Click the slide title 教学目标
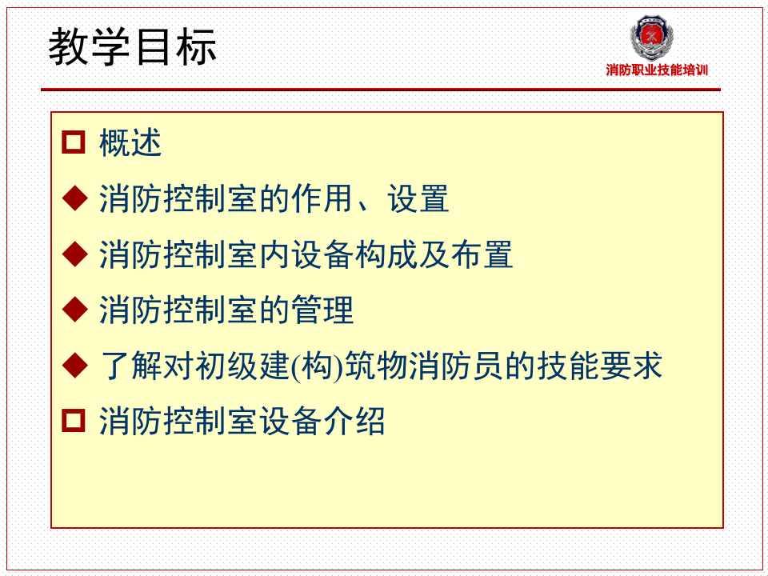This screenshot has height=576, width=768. pyautogui.click(x=133, y=48)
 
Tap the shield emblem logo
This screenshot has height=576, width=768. pyautogui.click(x=651, y=38)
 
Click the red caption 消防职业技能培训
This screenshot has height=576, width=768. pyautogui.click(x=657, y=70)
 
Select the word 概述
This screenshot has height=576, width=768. pyautogui.click(x=130, y=143)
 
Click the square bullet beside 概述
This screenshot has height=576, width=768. pyautogui.click(x=74, y=143)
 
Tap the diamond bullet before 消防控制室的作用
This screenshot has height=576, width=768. pyautogui.click(x=74, y=198)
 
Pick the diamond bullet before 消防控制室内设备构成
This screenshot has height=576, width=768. pyautogui.click(x=74, y=254)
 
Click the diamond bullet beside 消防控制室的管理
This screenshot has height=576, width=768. pyautogui.click(x=74, y=310)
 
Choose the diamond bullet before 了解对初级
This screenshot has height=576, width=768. pyautogui.click(x=74, y=366)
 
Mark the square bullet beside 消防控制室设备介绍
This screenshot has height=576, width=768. pyautogui.click(x=74, y=421)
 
